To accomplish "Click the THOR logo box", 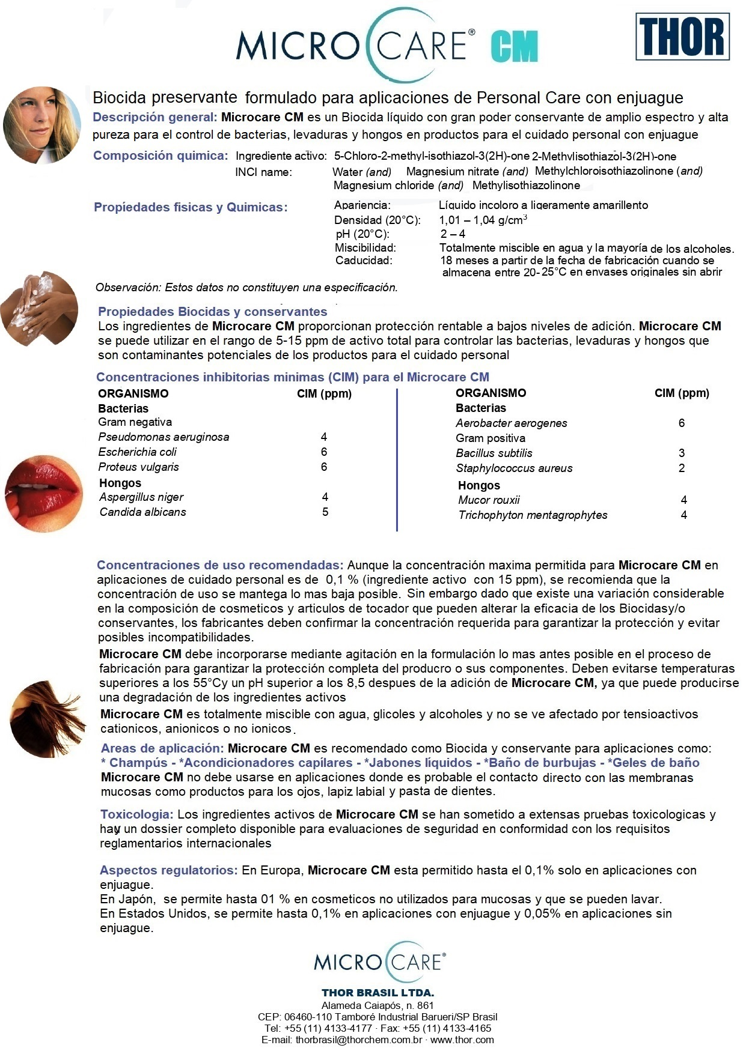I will coord(682,38).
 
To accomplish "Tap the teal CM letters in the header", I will coord(514,47).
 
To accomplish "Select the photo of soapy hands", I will coord(39,308).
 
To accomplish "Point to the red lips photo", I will coord(43,492).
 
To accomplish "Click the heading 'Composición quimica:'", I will coord(161,156).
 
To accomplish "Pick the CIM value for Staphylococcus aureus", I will coord(682,468).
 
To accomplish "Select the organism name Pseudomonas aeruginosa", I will coord(164,437).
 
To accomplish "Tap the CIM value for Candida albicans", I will coord(325,512).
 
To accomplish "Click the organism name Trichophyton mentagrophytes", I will coord(533,515).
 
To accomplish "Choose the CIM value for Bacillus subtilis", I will coord(682,453).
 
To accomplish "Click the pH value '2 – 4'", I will coord(453,234).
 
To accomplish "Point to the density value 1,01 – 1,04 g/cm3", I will coord(483,220).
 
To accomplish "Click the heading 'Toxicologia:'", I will coord(137,814).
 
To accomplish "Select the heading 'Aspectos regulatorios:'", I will coord(169,870).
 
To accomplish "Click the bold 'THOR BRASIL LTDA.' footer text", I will coord(378,993).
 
